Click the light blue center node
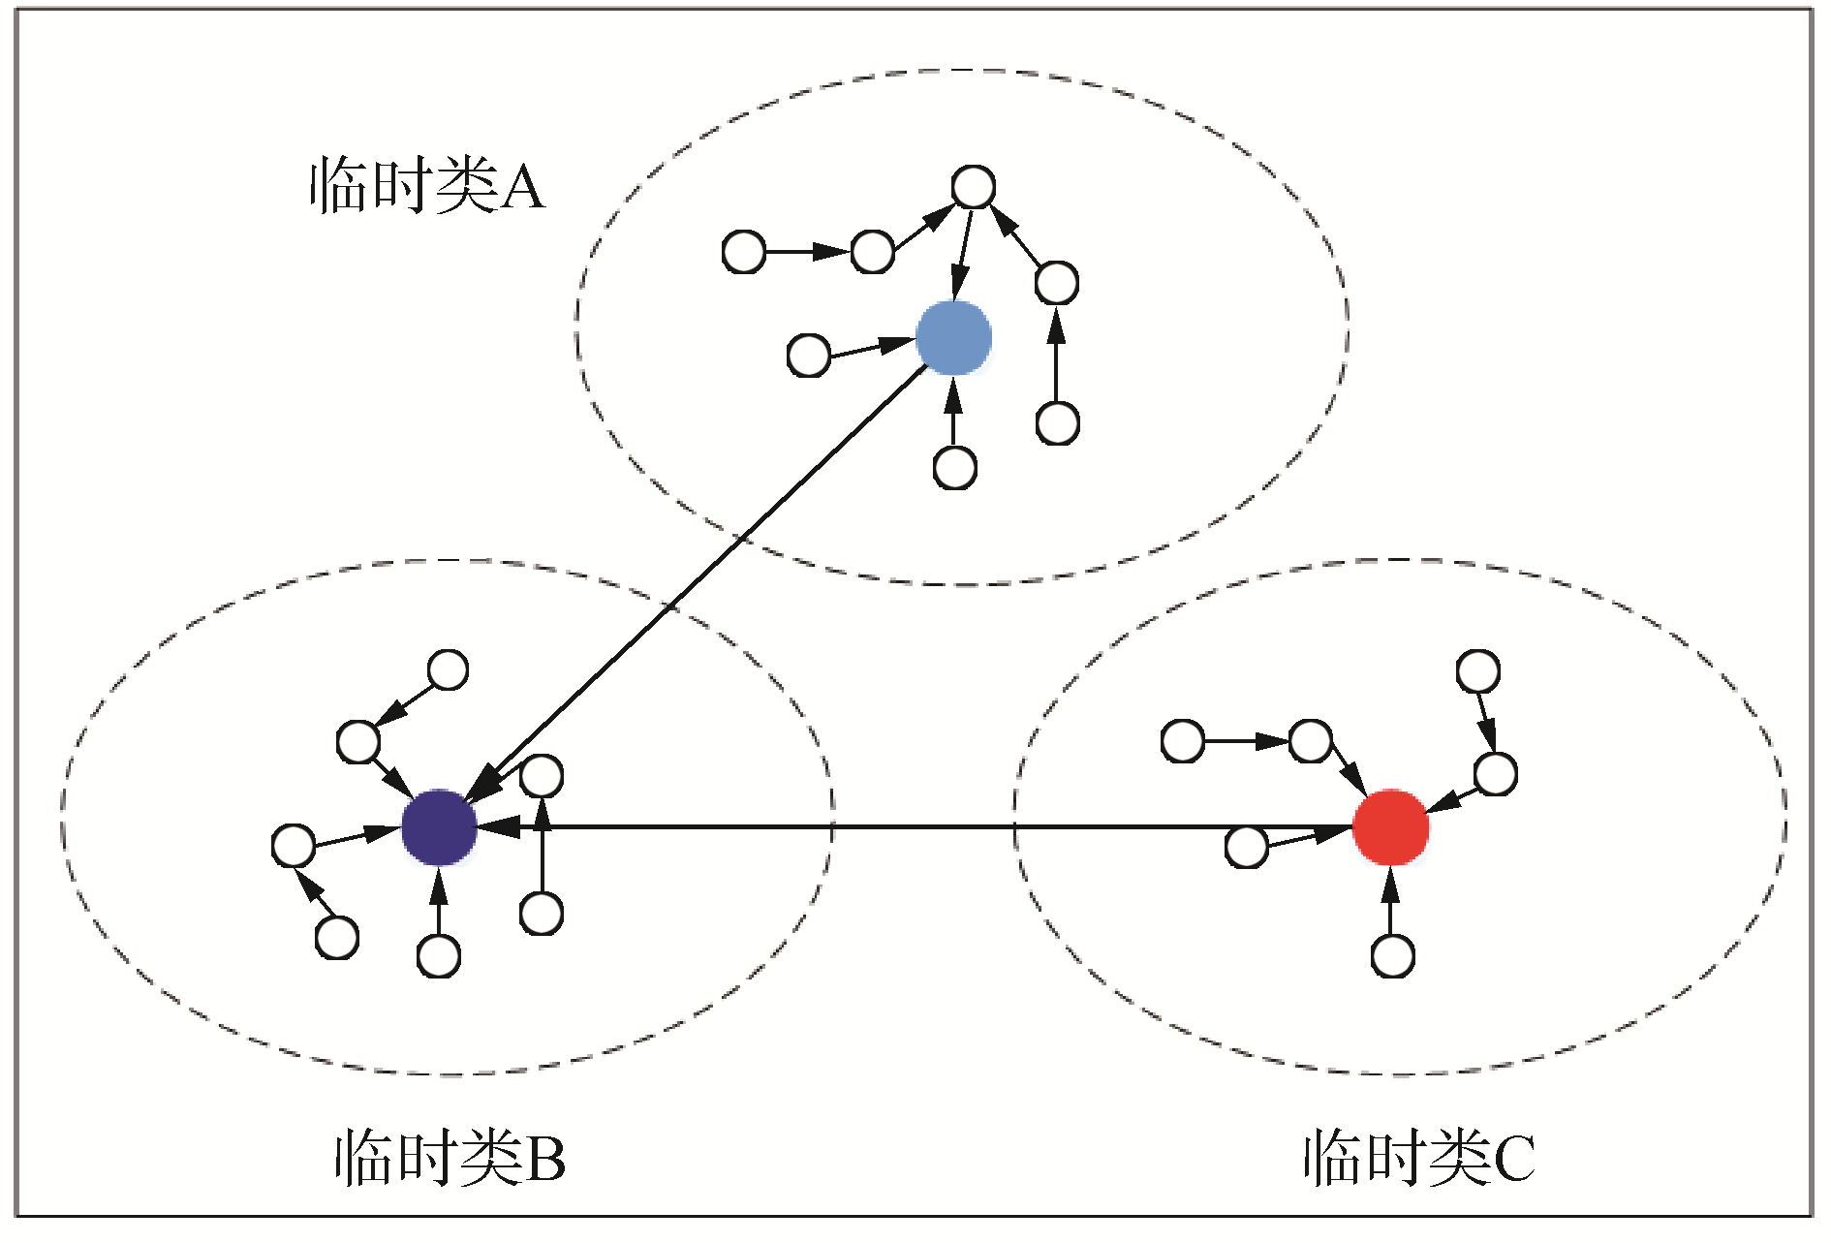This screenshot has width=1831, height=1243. pyautogui.click(x=953, y=337)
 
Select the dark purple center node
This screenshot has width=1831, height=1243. pyautogui.click(x=439, y=827)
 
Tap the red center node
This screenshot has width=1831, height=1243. pyautogui.click(x=1390, y=826)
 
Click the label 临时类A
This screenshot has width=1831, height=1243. pyautogui.click(x=427, y=185)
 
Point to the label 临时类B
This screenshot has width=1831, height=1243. pyautogui.click(x=450, y=1157)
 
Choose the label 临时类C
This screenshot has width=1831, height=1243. pyautogui.click(x=1418, y=1157)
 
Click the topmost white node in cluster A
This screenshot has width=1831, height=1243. pyautogui.click(x=973, y=187)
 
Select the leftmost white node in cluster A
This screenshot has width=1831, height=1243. pyautogui.click(x=744, y=252)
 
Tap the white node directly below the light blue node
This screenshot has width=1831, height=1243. pyautogui.click(x=954, y=468)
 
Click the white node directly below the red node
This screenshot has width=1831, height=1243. pyautogui.click(x=1392, y=956)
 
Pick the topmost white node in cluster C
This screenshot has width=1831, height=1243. pyautogui.click(x=1477, y=671)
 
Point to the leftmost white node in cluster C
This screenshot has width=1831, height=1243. pyautogui.click(x=1182, y=741)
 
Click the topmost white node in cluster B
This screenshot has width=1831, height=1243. pyautogui.click(x=448, y=669)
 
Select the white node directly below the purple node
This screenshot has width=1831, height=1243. pyautogui.click(x=438, y=956)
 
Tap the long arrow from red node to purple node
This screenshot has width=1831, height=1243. pyautogui.click(x=920, y=827)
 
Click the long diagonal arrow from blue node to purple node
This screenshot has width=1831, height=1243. pyautogui.click(x=698, y=581)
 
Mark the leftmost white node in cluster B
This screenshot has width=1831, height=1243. pyautogui.click(x=293, y=846)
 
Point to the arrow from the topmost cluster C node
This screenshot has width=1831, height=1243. pyautogui.click(x=1486, y=722)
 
